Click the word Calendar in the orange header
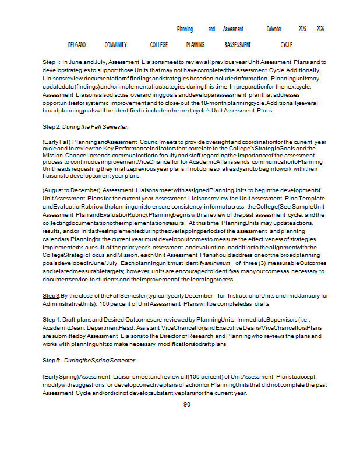pyautogui.click(x=274, y=29)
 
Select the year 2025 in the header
pyautogui.click(x=302, y=29)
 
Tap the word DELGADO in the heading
pyautogui.click(x=77, y=45)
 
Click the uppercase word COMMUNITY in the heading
pyautogui.click(x=116, y=45)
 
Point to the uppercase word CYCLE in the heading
pyautogui.click(x=286, y=45)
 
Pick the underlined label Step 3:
pyautogui.click(x=51, y=296)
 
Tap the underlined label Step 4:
pyautogui.click(x=51, y=320)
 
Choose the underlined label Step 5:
pyautogui.click(x=51, y=361)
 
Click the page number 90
pyautogui.click(x=187, y=404)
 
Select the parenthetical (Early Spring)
pyautogui.click(x=60, y=377)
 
